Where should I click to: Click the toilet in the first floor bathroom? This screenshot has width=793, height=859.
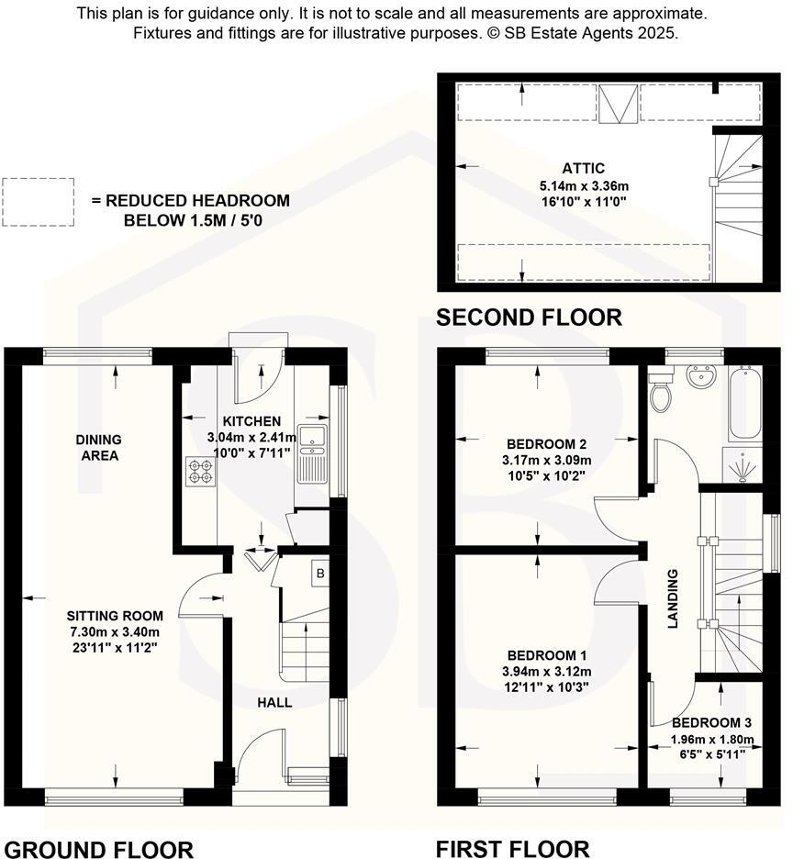(x=660, y=396)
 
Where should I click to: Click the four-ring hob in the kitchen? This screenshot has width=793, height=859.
(x=201, y=472)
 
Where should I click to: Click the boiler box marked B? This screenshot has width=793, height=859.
(x=319, y=575)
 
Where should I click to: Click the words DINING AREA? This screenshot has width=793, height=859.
(x=98, y=447)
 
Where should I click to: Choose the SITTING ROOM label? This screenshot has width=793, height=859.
(x=115, y=616)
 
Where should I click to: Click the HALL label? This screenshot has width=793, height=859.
(x=274, y=702)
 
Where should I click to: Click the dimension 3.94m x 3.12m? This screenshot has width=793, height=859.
(x=548, y=671)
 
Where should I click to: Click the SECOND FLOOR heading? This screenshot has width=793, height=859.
(x=529, y=318)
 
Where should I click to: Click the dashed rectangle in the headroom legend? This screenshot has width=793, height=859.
(x=37, y=202)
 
